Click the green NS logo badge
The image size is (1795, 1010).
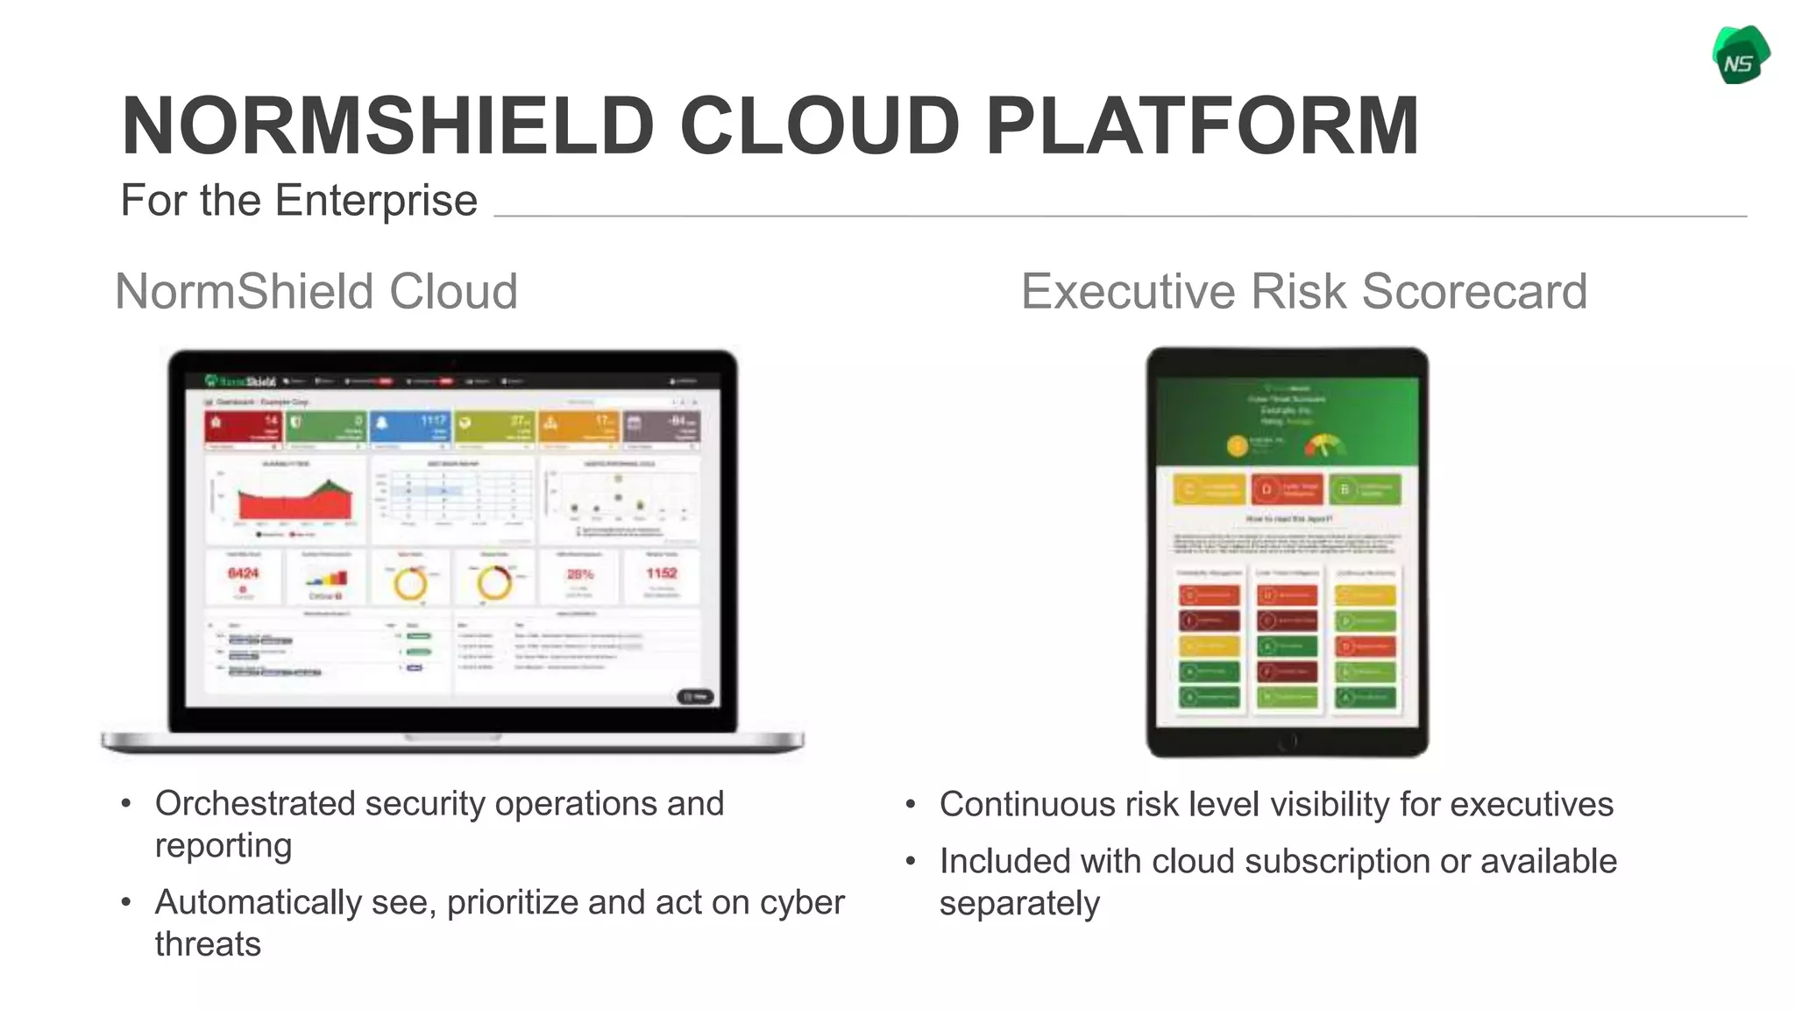1741,56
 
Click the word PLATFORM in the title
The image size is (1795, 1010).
1202,126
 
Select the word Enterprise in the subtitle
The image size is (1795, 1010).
376,201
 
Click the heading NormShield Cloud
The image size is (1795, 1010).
316,291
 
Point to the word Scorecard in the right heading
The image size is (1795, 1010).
1474,291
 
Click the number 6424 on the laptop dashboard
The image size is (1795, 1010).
243,573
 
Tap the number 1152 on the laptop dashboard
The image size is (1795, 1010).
662,573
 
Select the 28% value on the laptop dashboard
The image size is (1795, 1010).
579,574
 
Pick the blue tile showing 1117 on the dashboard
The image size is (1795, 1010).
411,428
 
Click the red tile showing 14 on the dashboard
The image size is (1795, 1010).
243,428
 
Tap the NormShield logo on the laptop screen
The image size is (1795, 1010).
240,381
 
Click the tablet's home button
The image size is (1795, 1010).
1287,742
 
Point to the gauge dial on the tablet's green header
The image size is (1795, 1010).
1323,445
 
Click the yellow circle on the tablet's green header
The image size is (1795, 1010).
1237,446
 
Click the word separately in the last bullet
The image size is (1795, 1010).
1018,904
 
